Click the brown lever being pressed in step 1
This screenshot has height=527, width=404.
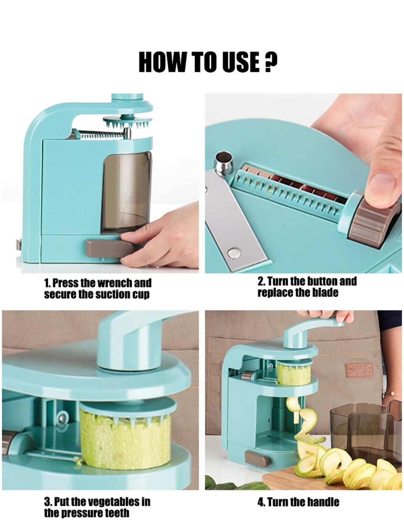[x=109, y=249]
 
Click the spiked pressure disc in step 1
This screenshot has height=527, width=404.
[x=127, y=122]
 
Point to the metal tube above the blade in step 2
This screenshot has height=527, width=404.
[x=224, y=162]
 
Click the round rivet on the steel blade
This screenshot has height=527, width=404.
[x=234, y=253]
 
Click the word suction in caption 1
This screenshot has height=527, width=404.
[x=112, y=294]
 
